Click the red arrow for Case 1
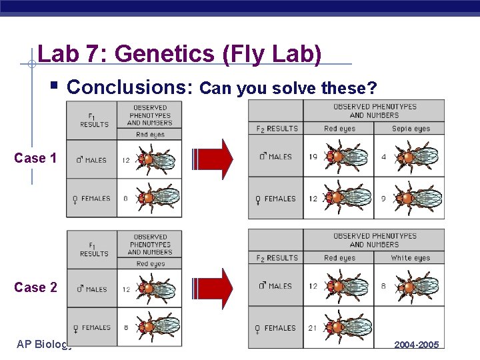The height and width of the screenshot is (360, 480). tap(214, 159)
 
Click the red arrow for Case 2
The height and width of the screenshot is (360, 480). tap(214, 287)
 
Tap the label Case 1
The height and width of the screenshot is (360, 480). tap(35, 158)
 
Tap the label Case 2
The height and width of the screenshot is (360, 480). tap(35, 287)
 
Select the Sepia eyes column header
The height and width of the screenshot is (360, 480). tap(411, 129)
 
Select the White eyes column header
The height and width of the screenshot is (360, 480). tap(411, 258)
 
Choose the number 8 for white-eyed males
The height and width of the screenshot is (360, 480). tap(384, 286)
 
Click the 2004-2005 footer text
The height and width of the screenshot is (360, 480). tap(417, 345)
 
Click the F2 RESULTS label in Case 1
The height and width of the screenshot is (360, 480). tap(277, 129)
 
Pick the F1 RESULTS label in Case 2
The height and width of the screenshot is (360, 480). tap(94, 249)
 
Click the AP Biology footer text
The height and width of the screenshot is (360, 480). tap(43, 344)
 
